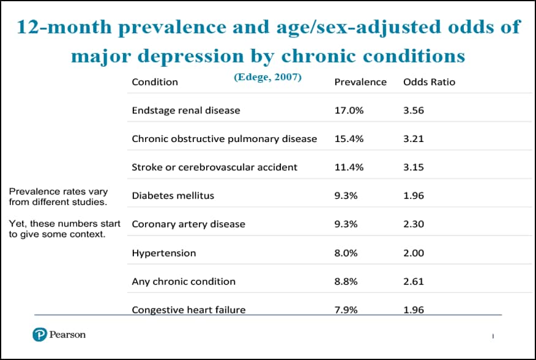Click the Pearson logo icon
[40, 335]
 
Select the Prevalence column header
[360, 82]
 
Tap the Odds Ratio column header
[429, 82]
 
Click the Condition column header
[155, 82]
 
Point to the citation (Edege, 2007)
[267, 78]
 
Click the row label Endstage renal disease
[186, 110]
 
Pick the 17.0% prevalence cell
[349, 110]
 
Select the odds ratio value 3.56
[414, 110]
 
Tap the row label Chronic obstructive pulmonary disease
[224, 139]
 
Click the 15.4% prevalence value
[349, 139]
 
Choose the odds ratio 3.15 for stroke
[414, 167]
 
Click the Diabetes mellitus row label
[173, 196]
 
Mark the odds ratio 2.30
[414, 224]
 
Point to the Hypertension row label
[164, 253]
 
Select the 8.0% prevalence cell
[347, 253]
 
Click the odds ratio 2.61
[414, 282]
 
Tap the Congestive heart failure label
[188, 309]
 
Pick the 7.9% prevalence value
[347, 309]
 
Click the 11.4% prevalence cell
[349, 167]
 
